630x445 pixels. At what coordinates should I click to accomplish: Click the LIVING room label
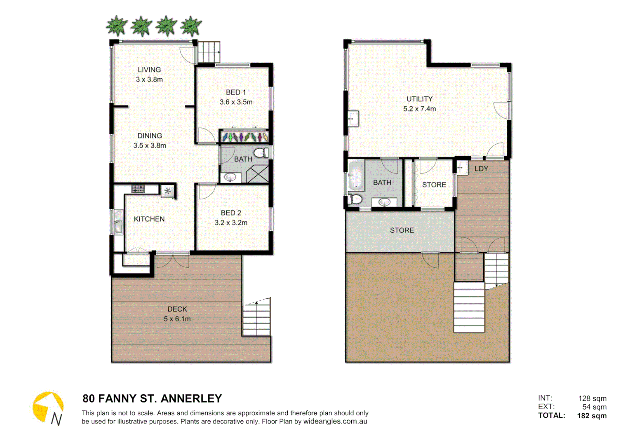149,70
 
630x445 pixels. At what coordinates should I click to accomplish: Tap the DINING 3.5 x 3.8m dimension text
150,145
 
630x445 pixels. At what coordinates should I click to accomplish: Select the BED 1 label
236,92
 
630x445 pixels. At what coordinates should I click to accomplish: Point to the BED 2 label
231,213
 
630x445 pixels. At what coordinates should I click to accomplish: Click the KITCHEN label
149,219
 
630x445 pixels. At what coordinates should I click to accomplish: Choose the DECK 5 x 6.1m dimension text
177,319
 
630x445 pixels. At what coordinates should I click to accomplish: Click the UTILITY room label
419,99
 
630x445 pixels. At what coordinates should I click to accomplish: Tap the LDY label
481,169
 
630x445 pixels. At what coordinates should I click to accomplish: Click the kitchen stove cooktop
138,189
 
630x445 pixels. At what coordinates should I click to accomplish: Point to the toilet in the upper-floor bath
261,153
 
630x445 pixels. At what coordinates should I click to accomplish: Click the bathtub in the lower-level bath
355,175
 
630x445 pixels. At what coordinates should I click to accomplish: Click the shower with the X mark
258,174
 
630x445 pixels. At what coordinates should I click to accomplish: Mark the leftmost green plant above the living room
117,26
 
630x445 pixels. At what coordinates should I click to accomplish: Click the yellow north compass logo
48,408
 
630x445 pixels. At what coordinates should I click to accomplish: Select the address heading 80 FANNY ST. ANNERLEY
152,398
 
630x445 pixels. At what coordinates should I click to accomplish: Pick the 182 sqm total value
592,416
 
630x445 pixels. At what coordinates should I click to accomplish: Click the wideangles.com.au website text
335,421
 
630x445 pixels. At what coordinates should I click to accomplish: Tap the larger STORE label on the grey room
402,230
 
